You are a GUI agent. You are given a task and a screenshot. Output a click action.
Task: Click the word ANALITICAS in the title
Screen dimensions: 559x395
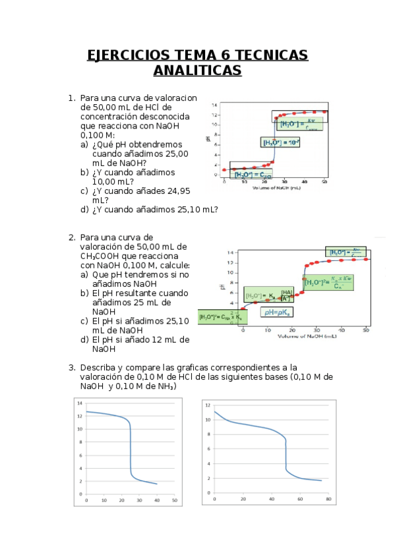pyautogui.click(x=197, y=70)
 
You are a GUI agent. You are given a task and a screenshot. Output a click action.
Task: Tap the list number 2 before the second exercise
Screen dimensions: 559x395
pyautogui.click(x=72, y=237)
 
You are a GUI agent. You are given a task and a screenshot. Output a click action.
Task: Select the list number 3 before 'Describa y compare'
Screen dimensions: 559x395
pyautogui.click(x=72, y=367)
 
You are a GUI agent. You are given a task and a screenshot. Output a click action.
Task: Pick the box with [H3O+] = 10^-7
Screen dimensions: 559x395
pyautogui.click(x=281, y=142)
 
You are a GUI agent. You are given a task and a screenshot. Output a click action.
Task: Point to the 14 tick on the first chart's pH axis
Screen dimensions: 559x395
pyautogui.click(x=214, y=105)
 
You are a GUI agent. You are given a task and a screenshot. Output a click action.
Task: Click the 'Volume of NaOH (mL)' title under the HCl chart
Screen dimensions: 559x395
pyautogui.click(x=276, y=188)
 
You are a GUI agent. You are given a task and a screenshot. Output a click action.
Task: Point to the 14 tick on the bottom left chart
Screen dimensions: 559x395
pyautogui.click(x=80, y=403)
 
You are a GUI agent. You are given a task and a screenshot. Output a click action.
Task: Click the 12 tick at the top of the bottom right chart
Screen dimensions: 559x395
pyautogui.click(x=208, y=405)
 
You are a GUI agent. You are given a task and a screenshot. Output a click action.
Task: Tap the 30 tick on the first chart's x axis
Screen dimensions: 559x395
pyautogui.click(x=284, y=181)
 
